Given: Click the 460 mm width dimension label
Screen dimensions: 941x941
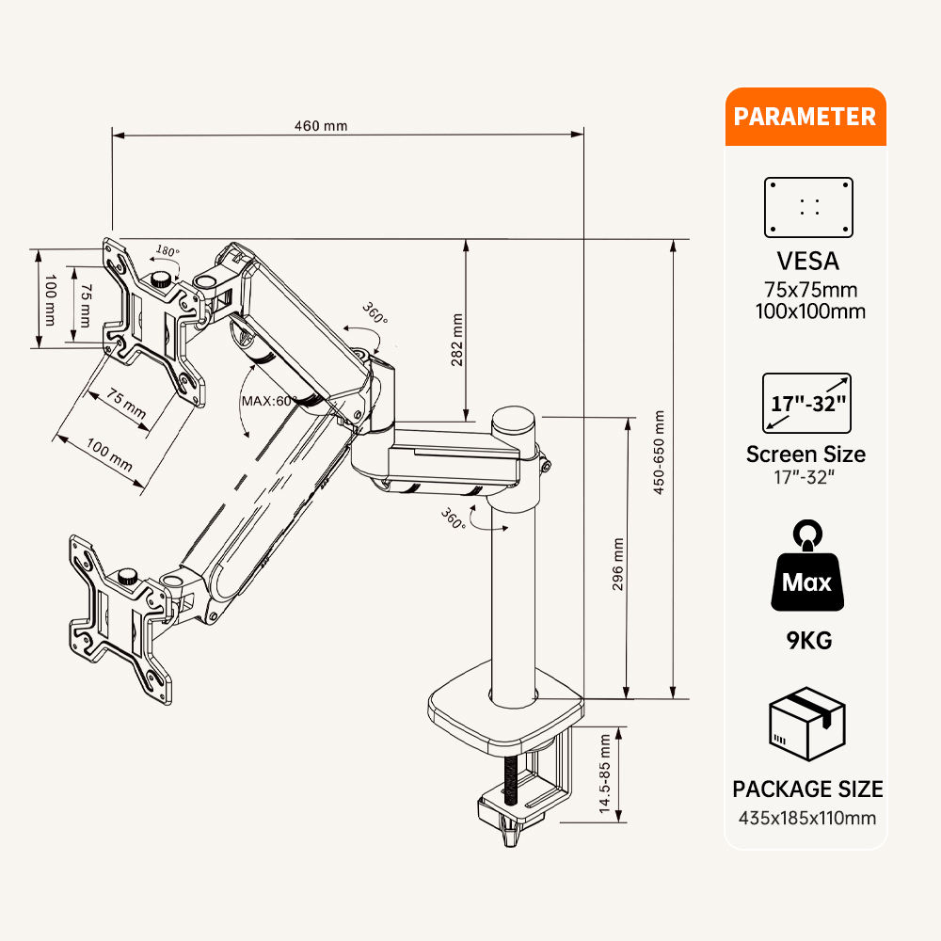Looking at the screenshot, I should click(321, 126).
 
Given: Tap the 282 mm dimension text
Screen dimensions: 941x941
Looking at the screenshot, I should click(458, 342).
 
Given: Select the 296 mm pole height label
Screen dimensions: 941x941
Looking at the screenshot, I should click(618, 564).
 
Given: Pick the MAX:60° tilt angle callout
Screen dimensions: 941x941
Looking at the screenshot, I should click(270, 400).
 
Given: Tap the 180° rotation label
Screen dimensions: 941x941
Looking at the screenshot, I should click(167, 251).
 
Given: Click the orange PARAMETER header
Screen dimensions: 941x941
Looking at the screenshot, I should click(805, 117).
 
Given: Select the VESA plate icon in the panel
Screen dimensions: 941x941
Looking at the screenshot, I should click(808, 207).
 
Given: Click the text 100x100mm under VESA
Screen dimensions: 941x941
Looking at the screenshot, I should click(809, 311).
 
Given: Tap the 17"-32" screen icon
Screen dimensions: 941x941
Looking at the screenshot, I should click(809, 403).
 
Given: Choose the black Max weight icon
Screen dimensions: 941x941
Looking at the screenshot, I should click(806, 569).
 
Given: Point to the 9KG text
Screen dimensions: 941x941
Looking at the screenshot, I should click(809, 642).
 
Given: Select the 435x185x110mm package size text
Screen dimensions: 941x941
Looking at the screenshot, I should click(807, 817).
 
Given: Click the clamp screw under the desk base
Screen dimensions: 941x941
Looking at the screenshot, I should click(511, 781).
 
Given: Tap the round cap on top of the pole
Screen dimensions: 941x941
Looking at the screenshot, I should click(515, 419).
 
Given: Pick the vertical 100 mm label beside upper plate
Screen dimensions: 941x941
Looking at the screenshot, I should click(50, 297).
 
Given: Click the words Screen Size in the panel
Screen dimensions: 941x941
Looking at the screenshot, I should click(805, 454).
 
